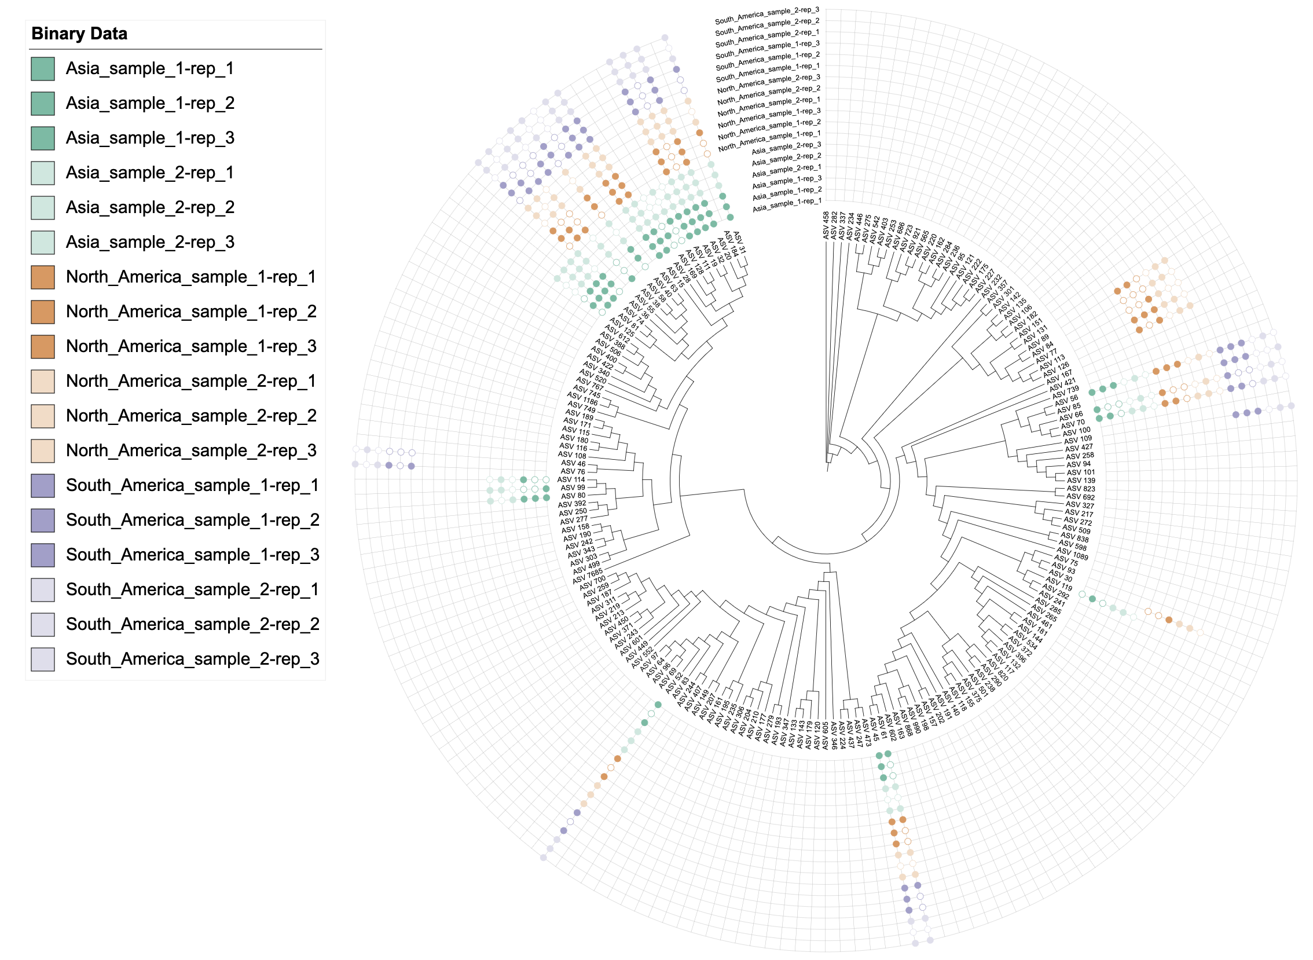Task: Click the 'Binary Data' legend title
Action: click(79, 34)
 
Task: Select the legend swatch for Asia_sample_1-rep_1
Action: click(43, 68)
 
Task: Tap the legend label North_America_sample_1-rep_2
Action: click(191, 312)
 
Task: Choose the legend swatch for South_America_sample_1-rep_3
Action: click(43, 555)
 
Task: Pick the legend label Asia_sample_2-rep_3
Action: click(150, 242)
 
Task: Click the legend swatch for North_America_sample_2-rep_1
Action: click(43, 381)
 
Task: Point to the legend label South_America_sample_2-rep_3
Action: click(192, 659)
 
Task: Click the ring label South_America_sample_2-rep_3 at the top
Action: click(766, 15)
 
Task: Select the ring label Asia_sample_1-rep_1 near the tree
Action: click(787, 204)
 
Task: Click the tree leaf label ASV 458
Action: click(826, 225)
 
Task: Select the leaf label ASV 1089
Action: click(1072, 553)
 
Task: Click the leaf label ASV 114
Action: click(571, 479)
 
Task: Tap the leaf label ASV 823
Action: click(1081, 489)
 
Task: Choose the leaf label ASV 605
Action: click(825, 735)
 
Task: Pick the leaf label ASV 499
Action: click(585, 568)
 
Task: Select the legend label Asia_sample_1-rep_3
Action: click(150, 138)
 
